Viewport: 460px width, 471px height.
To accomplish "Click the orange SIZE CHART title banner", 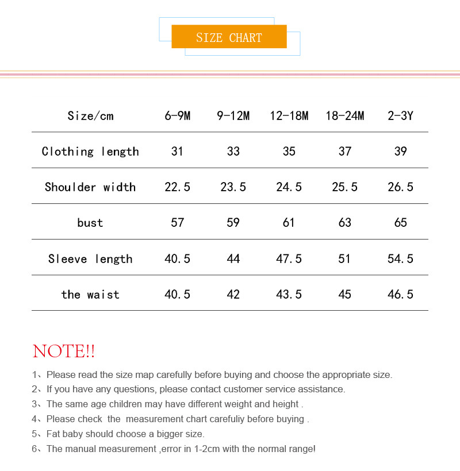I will click(229, 37).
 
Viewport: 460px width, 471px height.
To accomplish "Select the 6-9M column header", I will click(177, 115).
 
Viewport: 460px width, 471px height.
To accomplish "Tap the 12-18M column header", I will click(289, 115).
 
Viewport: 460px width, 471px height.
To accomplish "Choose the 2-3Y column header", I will click(400, 115).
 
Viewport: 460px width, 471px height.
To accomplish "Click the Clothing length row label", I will click(90, 151).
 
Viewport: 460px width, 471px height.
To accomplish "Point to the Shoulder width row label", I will click(90, 187).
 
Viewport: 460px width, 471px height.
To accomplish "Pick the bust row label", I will click(90, 223).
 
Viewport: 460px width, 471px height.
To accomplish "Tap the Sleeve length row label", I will click(90, 258).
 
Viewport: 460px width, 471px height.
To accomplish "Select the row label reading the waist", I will click(90, 294).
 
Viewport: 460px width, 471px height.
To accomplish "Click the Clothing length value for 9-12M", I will click(233, 151).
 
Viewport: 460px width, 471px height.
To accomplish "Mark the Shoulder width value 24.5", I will click(289, 187).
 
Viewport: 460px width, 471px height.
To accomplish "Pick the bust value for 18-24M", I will click(344, 223).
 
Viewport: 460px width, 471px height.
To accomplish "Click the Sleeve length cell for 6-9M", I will click(177, 258).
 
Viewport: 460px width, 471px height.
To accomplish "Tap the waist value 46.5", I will click(400, 294).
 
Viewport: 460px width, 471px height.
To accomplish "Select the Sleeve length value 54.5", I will click(400, 258).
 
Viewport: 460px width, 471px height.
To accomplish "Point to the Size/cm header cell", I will click(90, 115).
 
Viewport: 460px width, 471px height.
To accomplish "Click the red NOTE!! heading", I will click(64, 351).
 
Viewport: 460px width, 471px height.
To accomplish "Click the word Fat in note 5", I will click(54, 434).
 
